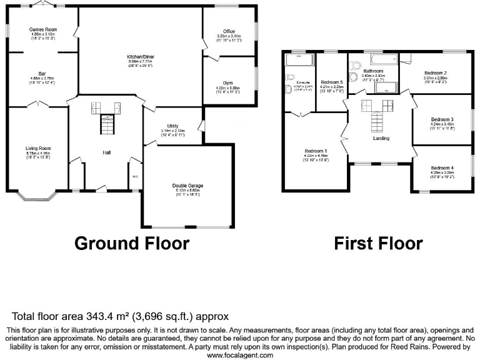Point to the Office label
[229, 31]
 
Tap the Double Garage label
[187, 186]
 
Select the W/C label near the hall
[134, 176]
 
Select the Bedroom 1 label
[316, 152]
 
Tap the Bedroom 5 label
[332, 82]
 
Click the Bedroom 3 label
[442, 119]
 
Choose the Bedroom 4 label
[442, 167]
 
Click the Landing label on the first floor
[381, 139]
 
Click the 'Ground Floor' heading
[132, 242]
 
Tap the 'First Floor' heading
[377, 242]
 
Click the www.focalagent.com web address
[240, 355]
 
